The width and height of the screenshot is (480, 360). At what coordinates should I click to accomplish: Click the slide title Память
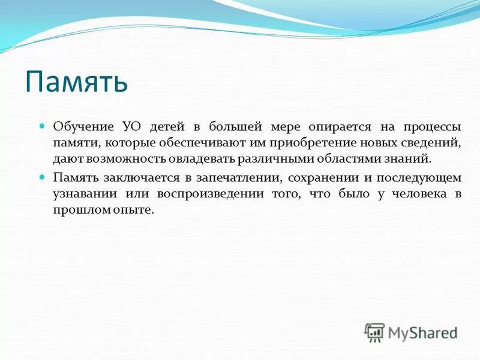76,82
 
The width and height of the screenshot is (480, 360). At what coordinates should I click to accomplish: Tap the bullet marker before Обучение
42,127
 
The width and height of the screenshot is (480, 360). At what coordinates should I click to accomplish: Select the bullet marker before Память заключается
42,178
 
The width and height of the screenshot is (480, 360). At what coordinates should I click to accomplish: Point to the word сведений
431,143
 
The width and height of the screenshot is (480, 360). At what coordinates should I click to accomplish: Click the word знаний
408,160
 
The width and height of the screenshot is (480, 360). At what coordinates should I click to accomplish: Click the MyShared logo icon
374,332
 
